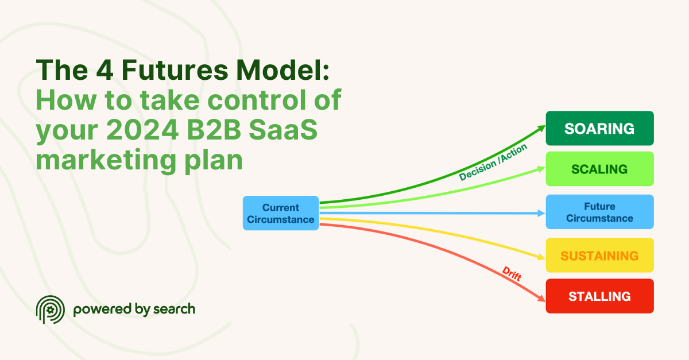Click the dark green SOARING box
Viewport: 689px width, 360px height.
pos(599,128)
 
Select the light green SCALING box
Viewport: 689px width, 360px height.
pos(599,169)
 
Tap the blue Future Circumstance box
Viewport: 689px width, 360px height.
pos(599,212)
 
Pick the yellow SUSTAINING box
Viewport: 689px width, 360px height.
pos(599,255)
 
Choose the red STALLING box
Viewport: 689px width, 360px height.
pos(599,296)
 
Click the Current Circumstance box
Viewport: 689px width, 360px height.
pos(281,213)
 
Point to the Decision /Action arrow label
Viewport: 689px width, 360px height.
pos(493,162)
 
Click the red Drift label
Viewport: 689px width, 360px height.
pos(512,273)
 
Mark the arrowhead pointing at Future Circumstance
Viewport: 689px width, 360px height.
pos(540,213)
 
